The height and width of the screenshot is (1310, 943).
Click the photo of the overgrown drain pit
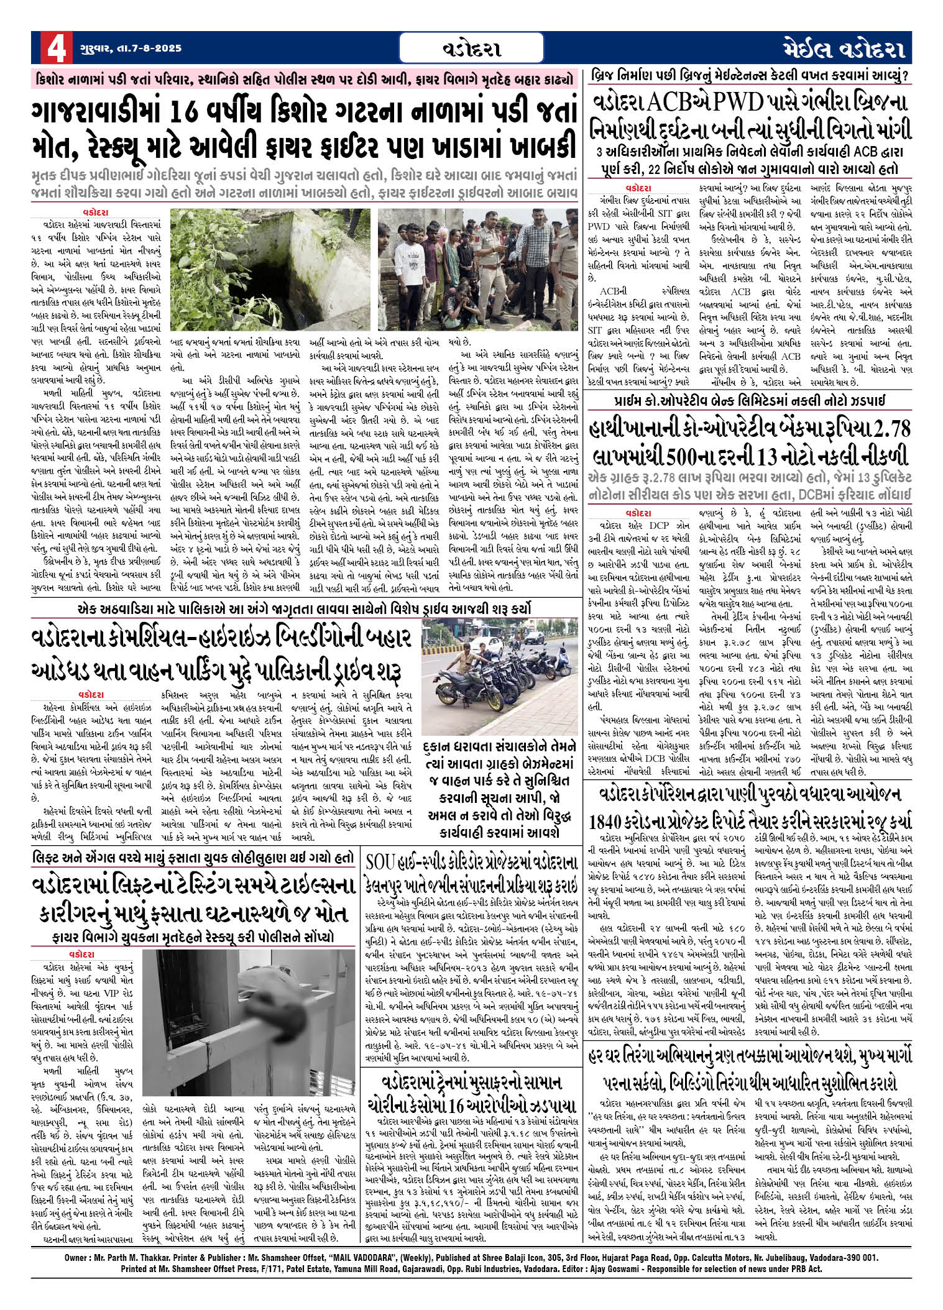271,269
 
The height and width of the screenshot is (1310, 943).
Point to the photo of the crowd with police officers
478,269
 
